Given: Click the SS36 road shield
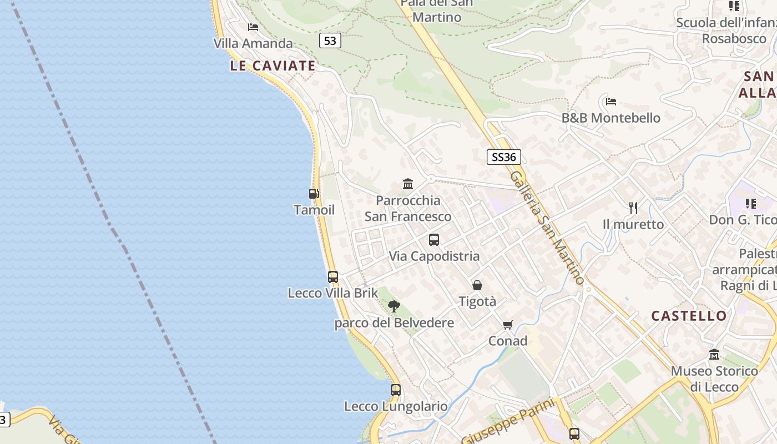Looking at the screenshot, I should pyautogui.click(x=503, y=157).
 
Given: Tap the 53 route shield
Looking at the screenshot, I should pyautogui.click(x=330, y=41).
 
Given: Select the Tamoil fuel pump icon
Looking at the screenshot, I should pyautogui.click(x=314, y=194).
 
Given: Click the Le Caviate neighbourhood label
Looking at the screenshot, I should pyautogui.click(x=273, y=66).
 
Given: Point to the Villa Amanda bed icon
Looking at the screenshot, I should pyautogui.click(x=253, y=27).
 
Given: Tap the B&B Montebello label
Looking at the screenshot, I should pyautogui.click(x=610, y=118).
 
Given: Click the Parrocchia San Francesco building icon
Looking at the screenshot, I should pyautogui.click(x=408, y=184).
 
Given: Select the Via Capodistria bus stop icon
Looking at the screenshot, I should pyautogui.click(x=434, y=240).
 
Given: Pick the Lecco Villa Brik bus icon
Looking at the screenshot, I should pyautogui.click(x=333, y=276).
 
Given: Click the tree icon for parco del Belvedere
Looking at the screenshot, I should pyautogui.click(x=394, y=306).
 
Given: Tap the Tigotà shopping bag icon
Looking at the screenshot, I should pyautogui.click(x=477, y=285).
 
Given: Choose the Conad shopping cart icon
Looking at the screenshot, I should pyautogui.click(x=508, y=325).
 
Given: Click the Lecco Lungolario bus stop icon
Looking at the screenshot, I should pyautogui.click(x=396, y=390).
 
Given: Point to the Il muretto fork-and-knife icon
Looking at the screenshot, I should pyautogui.click(x=633, y=208).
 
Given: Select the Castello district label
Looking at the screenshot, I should pyautogui.click(x=689, y=316).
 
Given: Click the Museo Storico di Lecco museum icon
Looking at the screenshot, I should pyautogui.click(x=714, y=354).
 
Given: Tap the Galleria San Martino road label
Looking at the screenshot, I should pyautogui.click(x=547, y=227).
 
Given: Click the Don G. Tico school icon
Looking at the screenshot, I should pyautogui.click(x=751, y=204).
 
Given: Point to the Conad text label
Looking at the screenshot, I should pyautogui.click(x=508, y=341).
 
